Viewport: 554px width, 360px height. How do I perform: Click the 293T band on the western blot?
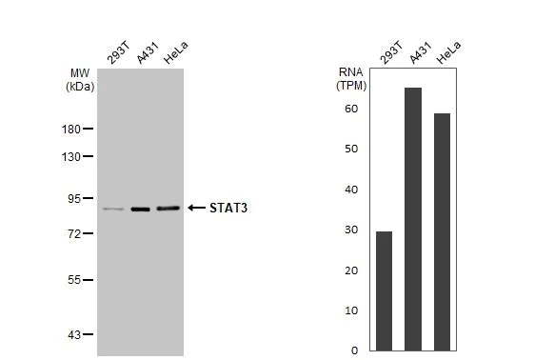[x=113, y=209]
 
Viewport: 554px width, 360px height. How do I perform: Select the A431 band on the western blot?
[x=141, y=209]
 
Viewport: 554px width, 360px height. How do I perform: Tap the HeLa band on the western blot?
[x=168, y=208]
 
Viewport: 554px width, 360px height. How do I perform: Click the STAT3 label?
[x=228, y=208]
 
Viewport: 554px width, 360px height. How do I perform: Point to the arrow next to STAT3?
[x=196, y=208]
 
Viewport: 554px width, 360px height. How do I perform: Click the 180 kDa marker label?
[x=71, y=129]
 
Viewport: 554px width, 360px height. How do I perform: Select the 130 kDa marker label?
[x=71, y=156]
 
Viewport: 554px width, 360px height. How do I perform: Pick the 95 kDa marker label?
[x=74, y=198]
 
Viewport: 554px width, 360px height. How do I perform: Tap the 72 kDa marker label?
[x=74, y=233]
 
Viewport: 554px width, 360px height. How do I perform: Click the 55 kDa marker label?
[x=74, y=280]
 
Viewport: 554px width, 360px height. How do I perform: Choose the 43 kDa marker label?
[x=74, y=334]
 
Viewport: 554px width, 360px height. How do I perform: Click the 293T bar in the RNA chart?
[x=384, y=290]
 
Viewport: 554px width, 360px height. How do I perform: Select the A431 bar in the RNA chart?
[x=413, y=219]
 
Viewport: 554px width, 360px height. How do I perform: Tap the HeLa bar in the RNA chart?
[x=442, y=231]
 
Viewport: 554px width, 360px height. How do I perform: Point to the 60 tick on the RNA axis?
[x=351, y=109]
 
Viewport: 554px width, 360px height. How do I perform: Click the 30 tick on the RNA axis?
[x=351, y=230]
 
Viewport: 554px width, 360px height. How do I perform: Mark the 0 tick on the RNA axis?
[x=354, y=350]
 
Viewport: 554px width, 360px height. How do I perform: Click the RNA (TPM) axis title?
[x=350, y=78]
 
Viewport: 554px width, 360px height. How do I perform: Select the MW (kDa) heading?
[x=80, y=79]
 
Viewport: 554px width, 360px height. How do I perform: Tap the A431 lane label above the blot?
[x=145, y=56]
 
